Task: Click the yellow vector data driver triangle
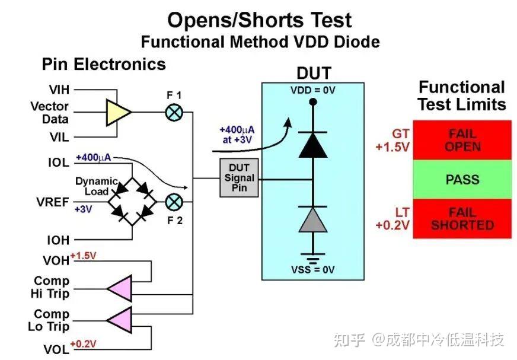[x=117, y=112]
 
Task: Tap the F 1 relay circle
[x=174, y=111]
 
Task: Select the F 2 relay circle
[x=174, y=202]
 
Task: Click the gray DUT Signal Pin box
[x=239, y=178]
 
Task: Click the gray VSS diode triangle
[x=312, y=219]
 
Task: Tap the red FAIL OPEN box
[x=462, y=140]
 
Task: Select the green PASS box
[x=462, y=179]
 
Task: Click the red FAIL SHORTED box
[x=462, y=218]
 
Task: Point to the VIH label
[x=59, y=90]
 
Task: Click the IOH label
[x=59, y=240]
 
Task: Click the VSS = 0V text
[x=312, y=270]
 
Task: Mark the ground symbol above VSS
[x=312, y=257]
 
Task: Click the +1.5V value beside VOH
[x=83, y=256]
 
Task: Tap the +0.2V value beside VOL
[x=83, y=343]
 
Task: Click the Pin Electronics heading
[x=103, y=63]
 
